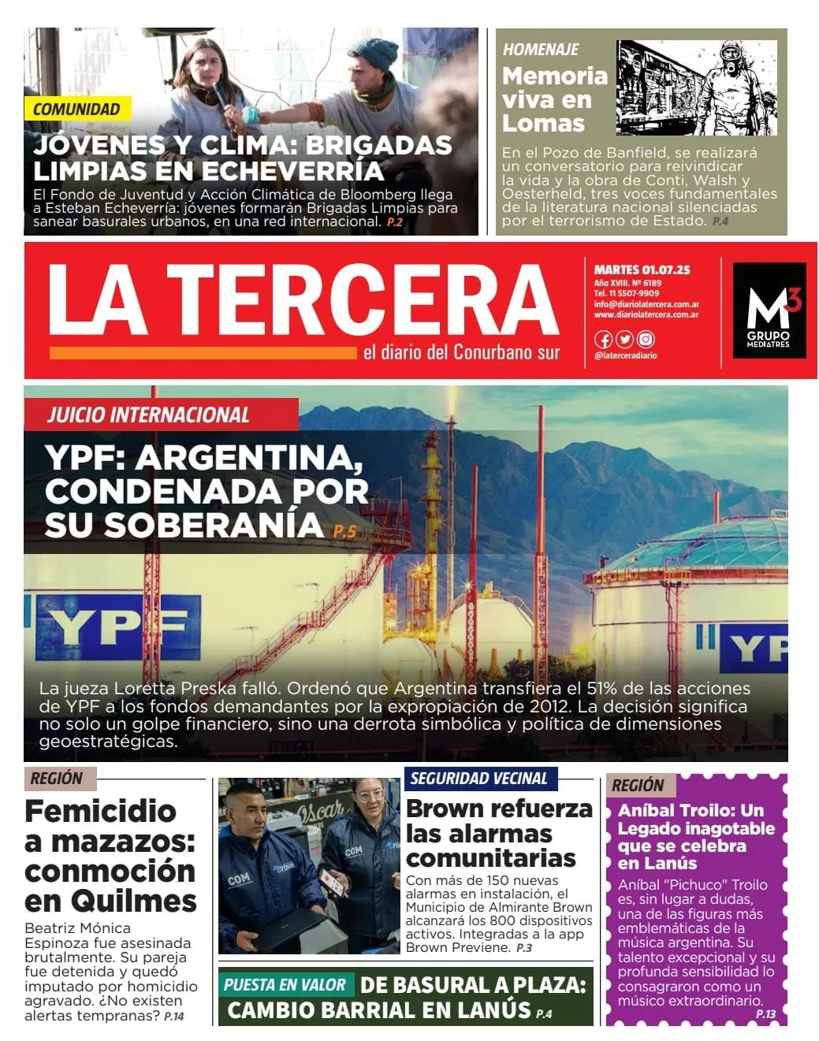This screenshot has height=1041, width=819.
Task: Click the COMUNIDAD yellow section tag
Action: click(76, 110)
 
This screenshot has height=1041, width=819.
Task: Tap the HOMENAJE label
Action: click(541, 50)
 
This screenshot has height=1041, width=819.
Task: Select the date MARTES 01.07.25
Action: click(642, 270)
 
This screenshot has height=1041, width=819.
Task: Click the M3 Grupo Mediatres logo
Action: click(769, 310)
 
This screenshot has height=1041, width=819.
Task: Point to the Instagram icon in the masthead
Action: click(646, 340)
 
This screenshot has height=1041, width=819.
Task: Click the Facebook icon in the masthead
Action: click(603, 340)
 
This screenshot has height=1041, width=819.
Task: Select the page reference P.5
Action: click(344, 532)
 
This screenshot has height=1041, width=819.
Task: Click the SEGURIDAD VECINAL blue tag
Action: click(478, 779)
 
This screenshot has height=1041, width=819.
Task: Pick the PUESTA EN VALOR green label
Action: click(285, 985)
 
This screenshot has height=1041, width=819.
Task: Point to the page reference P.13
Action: click(765, 1014)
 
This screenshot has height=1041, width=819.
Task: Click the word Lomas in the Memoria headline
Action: click(543, 124)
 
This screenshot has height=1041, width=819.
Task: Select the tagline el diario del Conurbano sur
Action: click(461, 352)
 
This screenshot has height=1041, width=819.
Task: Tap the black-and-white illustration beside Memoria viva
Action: click(696, 88)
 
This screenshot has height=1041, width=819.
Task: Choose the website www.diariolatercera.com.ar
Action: click(646, 314)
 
